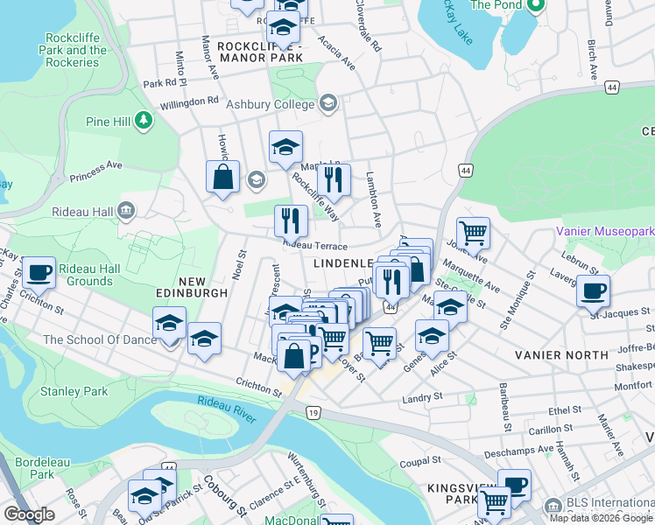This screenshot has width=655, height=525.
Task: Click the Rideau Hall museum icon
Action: pyautogui.click(x=126, y=210)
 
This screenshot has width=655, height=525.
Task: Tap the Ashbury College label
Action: pyautogui.click(x=271, y=104)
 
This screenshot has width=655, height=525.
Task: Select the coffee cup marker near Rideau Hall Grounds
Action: pyautogui.click(x=39, y=272)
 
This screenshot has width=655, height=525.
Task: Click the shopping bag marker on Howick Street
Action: pyautogui.click(x=223, y=176)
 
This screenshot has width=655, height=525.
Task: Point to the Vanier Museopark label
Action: pyautogui.click(x=605, y=232)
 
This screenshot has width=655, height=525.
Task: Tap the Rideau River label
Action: pyautogui.click(x=227, y=408)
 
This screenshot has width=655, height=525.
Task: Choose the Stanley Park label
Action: pyautogui.click(x=75, y=391)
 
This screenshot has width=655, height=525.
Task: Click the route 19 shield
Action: pyautogui.click(x=313, y=411)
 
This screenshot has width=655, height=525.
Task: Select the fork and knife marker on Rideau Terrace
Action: pyautogui.click(x=291, y=220)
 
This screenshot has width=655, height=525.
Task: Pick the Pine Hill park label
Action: pyautogui.click(x=109, y=122)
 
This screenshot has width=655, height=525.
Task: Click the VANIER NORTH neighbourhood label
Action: pyautogui.click(x=561, y=354)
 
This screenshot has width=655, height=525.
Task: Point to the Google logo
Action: pyautogui.click(x=29, y=514)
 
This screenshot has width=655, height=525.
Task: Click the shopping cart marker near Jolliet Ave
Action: pyautogui.click(x=473, y=233)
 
